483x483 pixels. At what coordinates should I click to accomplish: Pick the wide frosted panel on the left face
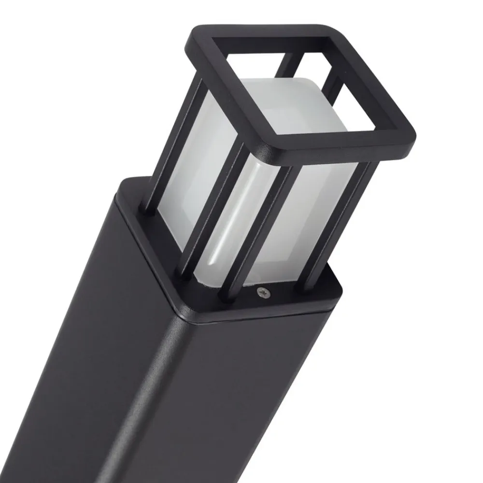coord(193,159)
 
